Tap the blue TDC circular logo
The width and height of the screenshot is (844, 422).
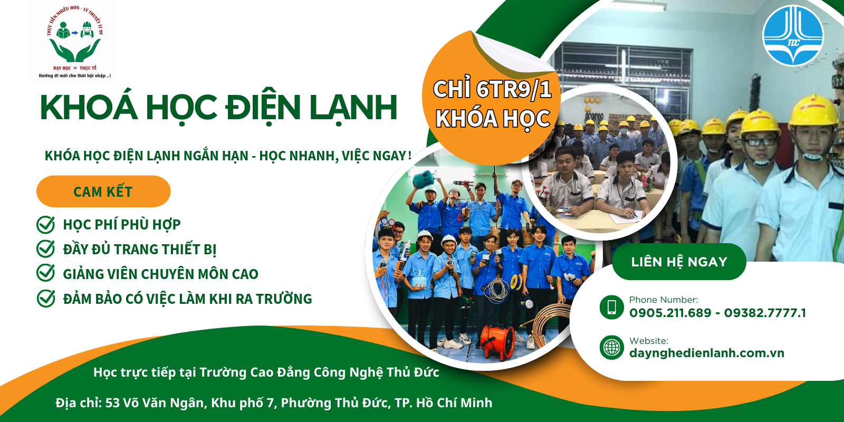pos(793,36)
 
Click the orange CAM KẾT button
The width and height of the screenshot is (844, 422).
pos(103,191)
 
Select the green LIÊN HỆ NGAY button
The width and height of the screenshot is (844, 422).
pos(679,262)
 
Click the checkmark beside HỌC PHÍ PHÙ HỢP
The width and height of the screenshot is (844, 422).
pos(46,225)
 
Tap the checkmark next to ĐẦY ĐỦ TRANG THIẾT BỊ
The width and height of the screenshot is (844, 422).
pos(46,249)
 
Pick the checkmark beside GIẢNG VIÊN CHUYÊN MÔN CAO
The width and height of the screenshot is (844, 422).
pos(46,273)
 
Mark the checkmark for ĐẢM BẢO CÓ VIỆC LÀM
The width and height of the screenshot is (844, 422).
pos(46,298)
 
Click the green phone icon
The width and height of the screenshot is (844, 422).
pos(612,307)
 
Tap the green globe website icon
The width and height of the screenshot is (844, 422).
pos(612,348)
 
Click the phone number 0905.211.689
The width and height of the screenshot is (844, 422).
pos(670,313)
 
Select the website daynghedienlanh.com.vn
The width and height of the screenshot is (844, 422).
pos(706,353)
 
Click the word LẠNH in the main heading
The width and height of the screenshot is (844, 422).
pos(353,108)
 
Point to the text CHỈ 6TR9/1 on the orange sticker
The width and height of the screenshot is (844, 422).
pos(492,89)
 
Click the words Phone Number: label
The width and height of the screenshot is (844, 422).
pos(663,300)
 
